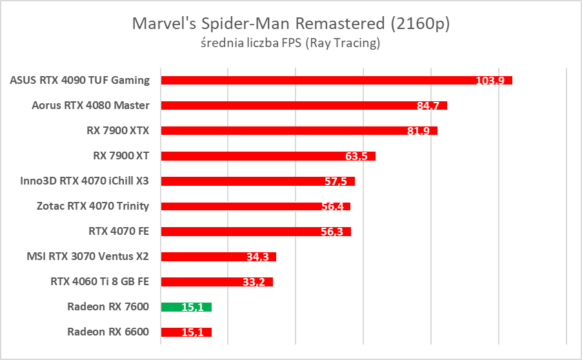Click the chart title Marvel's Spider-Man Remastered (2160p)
[x=290, y=24]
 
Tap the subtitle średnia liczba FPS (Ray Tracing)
[x=290, y=44]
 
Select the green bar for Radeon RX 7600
[x=186, y=307]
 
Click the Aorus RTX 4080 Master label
[x=90, y=105]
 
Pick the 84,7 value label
[x=428, y=106]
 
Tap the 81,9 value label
[x=419, y=132]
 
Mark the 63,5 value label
[x=356, y=157]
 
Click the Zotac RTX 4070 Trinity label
[x=93, y=206]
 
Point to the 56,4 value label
[x=332, y=207]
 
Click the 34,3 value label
[x=257, y=257]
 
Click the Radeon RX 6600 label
[x=108, y=332]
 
